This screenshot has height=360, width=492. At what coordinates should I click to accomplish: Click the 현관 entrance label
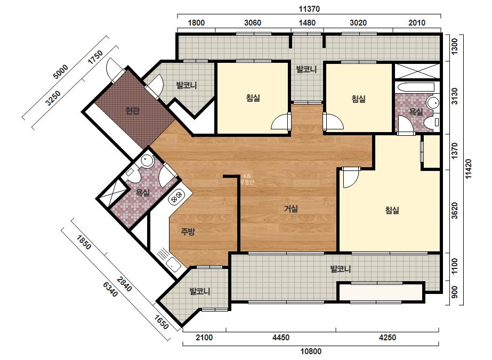coord(132,111)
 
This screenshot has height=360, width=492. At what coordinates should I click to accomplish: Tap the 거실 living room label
coord(291,209)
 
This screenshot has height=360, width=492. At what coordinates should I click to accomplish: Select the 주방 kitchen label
coord(188,232)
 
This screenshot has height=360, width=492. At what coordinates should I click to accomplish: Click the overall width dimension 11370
coord(309,9)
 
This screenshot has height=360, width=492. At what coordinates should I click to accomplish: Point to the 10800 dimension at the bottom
coord(311,351)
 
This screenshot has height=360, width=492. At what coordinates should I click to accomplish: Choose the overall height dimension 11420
coord(468,169)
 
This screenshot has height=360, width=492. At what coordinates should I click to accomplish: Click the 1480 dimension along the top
coord(307,22)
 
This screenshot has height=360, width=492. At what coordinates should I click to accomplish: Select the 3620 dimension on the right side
coord(454,211)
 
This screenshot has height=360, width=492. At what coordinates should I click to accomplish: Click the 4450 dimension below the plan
coord(281,338)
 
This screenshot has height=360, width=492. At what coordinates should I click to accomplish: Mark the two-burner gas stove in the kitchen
coord(176,197)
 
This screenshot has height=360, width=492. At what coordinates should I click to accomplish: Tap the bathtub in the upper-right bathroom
coord(415,87)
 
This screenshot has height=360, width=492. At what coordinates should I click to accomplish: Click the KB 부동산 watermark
coord(247,179)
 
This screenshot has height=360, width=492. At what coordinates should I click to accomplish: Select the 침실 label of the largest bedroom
coord(392,210)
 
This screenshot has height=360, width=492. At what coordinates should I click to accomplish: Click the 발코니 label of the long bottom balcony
coord(341,269)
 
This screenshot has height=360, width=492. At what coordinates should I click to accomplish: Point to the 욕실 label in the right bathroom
coord(416,111)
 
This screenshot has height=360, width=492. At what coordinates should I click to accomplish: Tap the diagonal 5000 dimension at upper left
coord(61,72)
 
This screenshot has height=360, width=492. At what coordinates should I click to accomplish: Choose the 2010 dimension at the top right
coord(417,22)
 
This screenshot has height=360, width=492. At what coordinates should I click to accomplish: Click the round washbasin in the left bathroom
coord(147,161)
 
